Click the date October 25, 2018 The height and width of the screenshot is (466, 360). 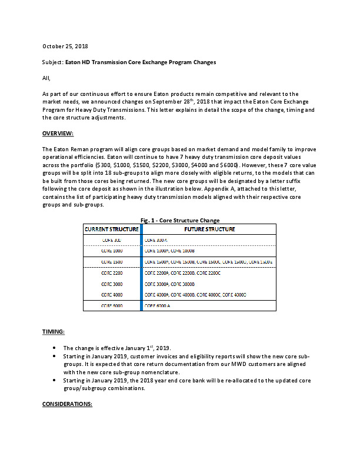66,45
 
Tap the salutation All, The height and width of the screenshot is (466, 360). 46,78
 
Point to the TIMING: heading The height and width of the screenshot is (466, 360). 54,332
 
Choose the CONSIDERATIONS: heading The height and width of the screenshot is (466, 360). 67,404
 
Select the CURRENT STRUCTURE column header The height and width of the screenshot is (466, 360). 112,229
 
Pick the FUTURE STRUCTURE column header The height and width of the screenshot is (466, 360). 209,229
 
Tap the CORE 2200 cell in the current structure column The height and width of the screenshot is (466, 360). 112,273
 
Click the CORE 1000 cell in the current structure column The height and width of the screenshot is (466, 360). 112,251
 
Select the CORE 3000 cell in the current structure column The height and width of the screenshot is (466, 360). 112,284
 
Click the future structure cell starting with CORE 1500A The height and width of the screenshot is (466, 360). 208,261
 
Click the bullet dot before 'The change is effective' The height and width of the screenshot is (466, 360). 55,348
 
